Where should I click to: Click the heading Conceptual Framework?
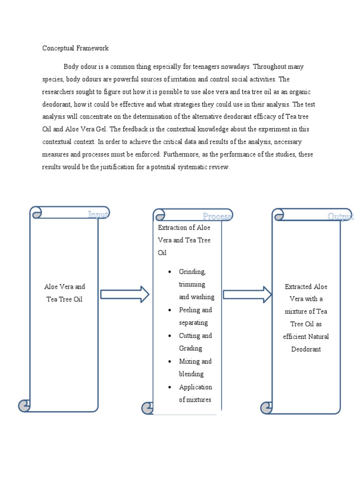75,48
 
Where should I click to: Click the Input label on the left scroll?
98,215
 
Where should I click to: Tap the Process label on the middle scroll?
217,216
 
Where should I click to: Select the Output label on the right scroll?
340,216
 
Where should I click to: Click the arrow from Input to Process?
125,294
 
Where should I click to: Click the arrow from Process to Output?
247,294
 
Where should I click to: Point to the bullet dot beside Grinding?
169,272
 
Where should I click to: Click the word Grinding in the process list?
192,272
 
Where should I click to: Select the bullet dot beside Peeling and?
169,310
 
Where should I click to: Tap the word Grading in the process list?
190,348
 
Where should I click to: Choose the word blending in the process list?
191,374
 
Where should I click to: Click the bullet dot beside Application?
169,387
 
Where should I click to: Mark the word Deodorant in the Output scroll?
306,349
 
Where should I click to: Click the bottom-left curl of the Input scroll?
24,406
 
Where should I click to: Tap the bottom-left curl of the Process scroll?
147,408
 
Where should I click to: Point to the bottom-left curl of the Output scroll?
266,407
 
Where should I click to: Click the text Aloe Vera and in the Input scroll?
65,287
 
